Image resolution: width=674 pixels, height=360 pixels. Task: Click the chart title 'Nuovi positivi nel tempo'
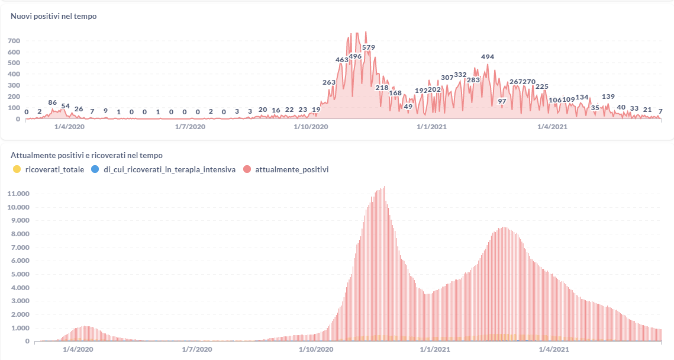click(x=54, y=17)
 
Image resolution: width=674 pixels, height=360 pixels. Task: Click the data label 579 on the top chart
click(x=369, y=47)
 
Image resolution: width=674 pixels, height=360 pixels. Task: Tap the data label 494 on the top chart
click(x=487, y=57)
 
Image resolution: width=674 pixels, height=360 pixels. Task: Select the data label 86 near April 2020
click(x=53, y=102)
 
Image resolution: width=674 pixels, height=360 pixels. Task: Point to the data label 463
click(x=342, y=60)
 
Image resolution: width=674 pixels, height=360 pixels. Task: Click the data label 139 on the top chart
click(x=608, y=97)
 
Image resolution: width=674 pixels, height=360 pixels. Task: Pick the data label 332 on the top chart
click(x=460, y=75)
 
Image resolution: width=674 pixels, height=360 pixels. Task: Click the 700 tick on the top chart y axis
click(x=14, y=41)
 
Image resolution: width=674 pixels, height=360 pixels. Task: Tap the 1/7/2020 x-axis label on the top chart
click(x=191, y=126)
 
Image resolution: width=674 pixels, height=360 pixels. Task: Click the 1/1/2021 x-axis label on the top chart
click(x=431, y=126)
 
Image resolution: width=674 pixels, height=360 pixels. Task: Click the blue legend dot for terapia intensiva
click(x=95, y=169)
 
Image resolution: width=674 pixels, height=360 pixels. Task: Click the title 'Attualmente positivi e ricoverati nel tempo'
click(x=87, y=155)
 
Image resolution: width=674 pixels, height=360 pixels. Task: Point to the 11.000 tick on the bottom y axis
click(x=18, y=194)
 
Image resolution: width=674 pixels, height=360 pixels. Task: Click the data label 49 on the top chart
click(x=408, y=107)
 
